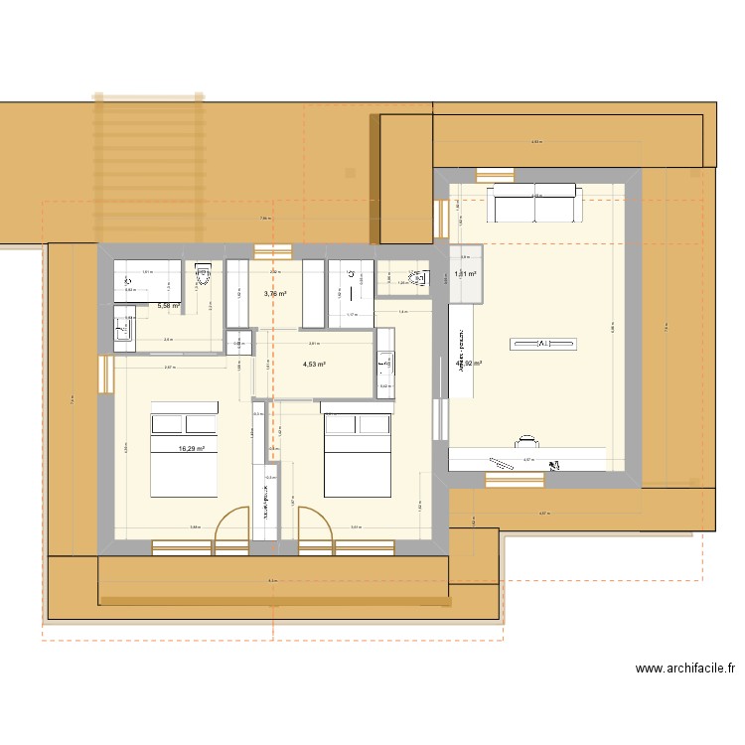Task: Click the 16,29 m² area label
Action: coord(191,449)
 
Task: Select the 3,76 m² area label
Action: coord(275,294)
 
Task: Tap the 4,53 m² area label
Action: coord(314,365)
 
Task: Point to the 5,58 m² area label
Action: coord(168,306)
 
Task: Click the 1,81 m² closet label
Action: coord(465,274)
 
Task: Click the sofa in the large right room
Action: coord(532,204)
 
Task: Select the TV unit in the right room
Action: coord(543,344)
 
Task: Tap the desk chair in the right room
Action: coord(527,437)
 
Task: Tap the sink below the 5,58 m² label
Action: coord(123,327)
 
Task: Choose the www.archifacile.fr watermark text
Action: coord(684,670)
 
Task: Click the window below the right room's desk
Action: coord(515,479)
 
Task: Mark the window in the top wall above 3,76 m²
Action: coord(273,250)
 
